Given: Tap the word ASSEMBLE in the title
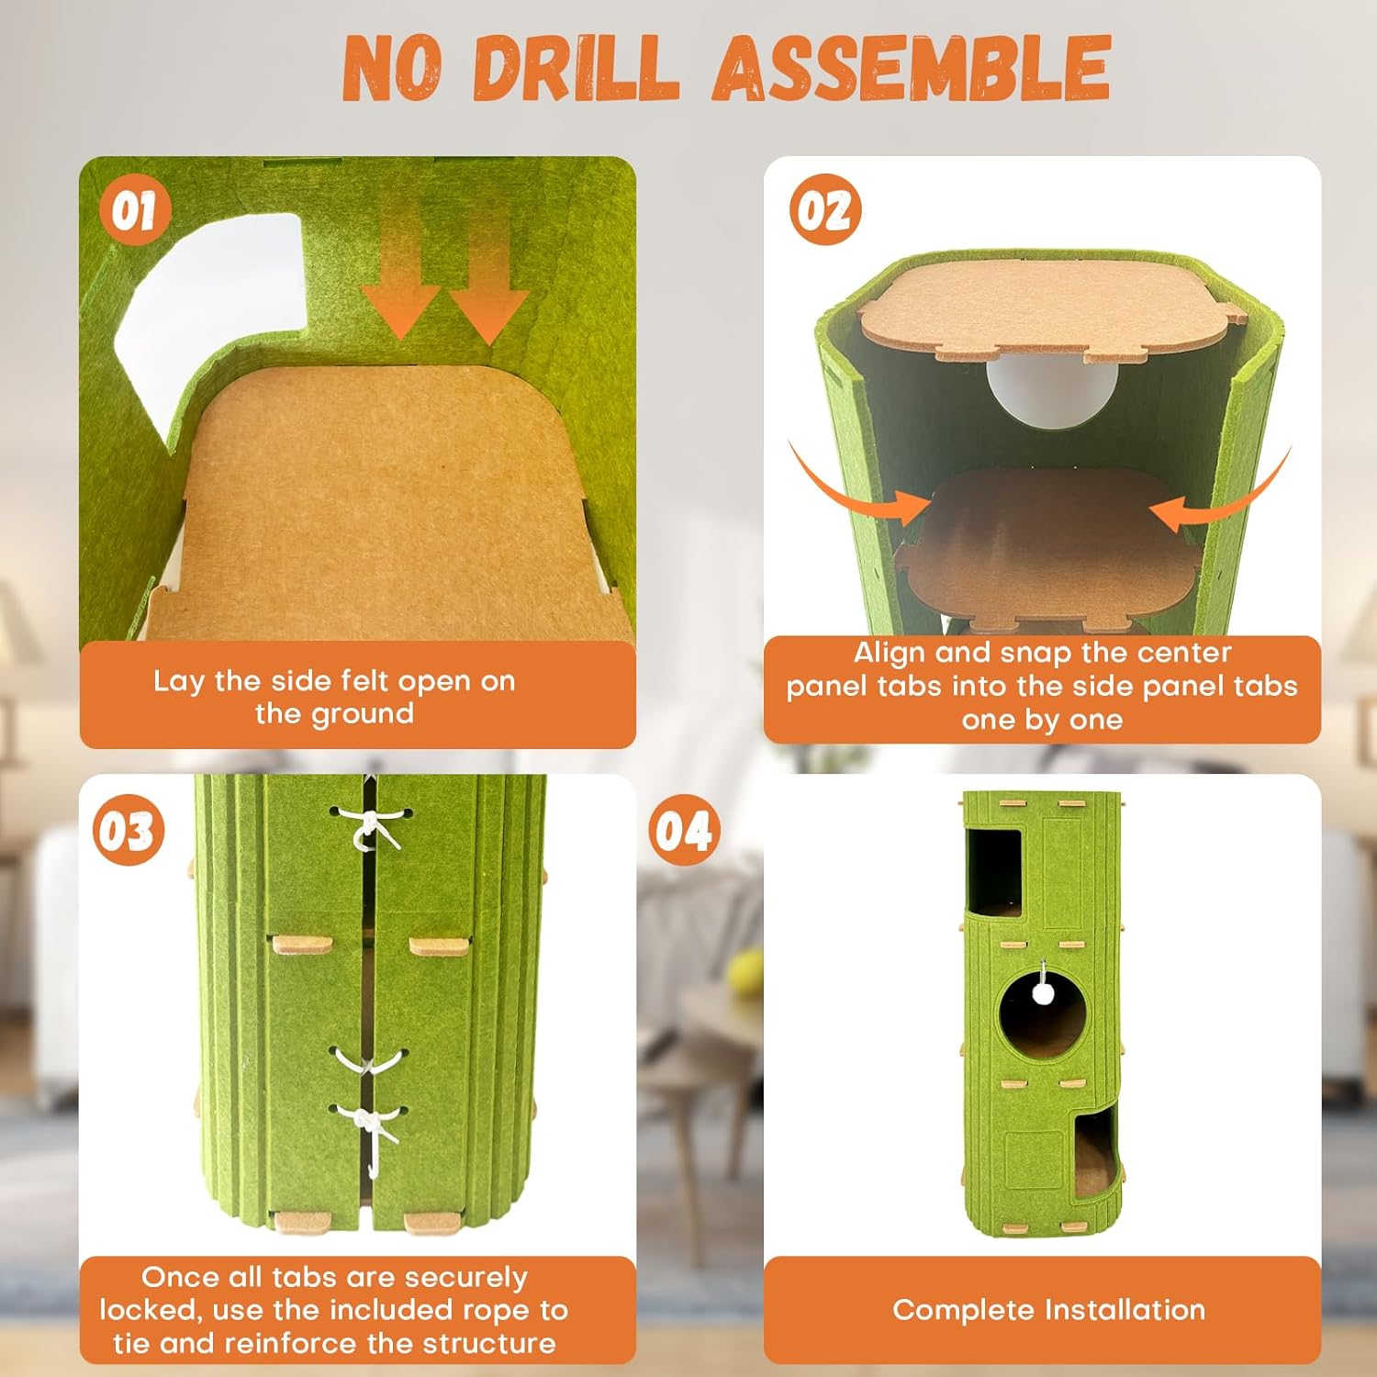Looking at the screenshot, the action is point(912,69).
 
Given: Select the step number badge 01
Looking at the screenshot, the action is point(135,212).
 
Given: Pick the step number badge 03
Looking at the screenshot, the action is point(129,831).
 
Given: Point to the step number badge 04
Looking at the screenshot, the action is point(684,831).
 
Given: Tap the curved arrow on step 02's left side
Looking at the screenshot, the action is point(849,491).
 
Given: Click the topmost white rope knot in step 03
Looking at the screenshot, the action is point(371,827).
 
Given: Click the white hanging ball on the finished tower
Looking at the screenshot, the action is point(1042,992).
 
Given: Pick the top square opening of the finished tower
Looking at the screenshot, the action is point(994,872).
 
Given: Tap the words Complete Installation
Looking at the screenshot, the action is point(1048,1310).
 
